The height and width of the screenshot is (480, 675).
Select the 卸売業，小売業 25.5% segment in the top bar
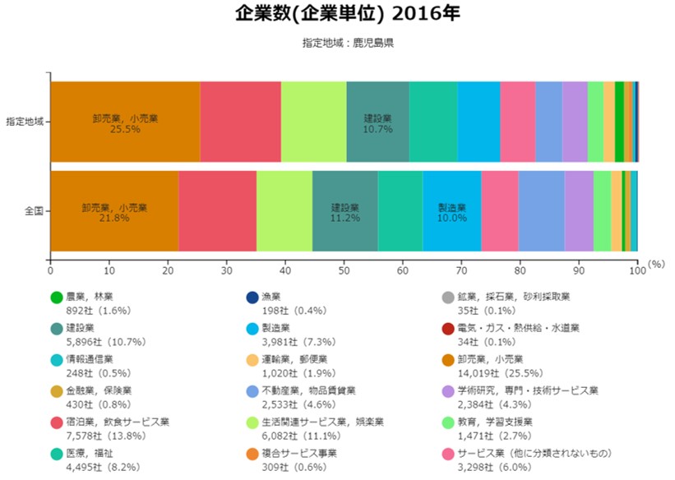click(x=125, y=122)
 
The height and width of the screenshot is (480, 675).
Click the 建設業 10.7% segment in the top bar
click(x=378, y=122)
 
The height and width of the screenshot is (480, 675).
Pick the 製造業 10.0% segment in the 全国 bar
click(x=451, y=211)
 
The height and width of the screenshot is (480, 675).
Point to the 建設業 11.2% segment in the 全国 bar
click(x=345, y=211)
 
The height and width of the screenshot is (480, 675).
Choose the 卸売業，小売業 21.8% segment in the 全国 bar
click(x=114, y=211)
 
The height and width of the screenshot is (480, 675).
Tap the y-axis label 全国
click(x=34, y=211)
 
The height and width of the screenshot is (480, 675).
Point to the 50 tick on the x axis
click(x=344, y=268)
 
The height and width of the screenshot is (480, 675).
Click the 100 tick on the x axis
click(x=637, y=268)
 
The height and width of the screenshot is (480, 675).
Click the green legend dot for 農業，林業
click(x=57, y=298)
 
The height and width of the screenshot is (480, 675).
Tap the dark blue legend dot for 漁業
click(x=252, y=298)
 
